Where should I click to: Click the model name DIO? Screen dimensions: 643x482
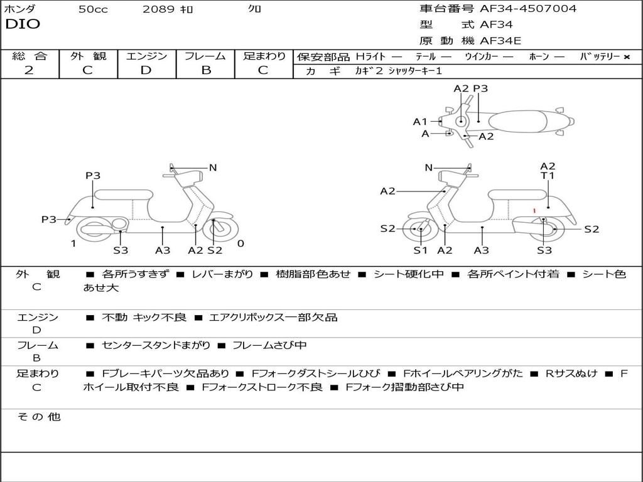23,24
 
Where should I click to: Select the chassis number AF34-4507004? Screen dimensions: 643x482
528,9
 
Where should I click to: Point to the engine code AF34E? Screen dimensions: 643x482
500,41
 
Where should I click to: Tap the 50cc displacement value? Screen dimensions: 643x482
93,9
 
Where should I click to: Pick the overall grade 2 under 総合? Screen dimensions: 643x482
29,70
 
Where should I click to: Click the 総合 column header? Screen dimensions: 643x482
30,56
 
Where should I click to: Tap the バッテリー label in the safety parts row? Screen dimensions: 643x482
599,57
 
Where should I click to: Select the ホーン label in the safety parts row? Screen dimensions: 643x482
539,57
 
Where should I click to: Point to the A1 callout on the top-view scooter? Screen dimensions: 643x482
420,122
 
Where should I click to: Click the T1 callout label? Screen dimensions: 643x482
548,176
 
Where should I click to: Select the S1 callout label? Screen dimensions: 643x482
420,250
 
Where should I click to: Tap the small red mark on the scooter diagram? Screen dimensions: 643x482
534,211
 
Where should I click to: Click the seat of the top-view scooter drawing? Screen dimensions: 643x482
519,120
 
